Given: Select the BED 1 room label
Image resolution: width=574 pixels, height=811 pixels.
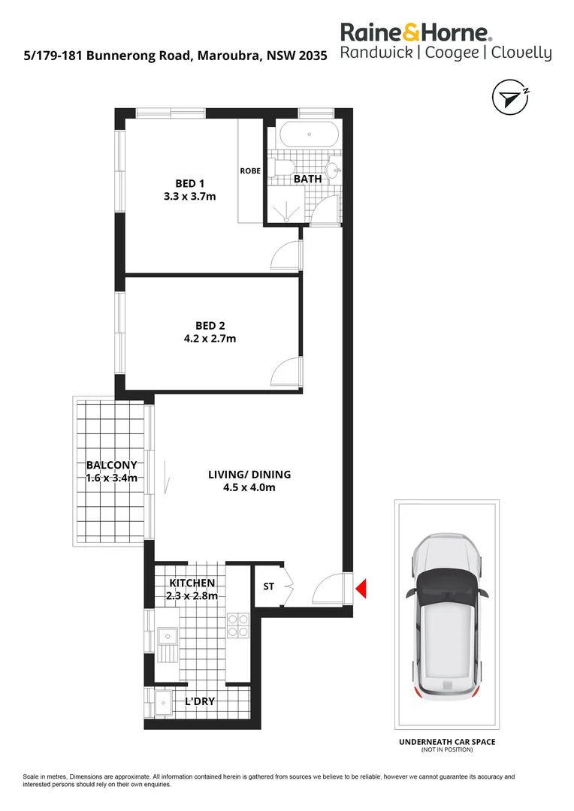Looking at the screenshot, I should point(189,183).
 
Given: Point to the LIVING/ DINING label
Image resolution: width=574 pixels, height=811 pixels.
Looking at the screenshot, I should point(249,475).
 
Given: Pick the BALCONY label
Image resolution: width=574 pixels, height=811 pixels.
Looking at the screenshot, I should point(111,466).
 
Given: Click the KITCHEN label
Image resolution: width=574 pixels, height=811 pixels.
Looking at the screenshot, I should point(192,583).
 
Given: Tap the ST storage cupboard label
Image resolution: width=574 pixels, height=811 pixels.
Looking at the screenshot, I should point(268,587).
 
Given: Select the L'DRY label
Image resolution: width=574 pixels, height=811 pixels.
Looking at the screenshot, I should point(200,701).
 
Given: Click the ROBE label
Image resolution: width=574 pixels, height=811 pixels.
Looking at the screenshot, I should point(250,171).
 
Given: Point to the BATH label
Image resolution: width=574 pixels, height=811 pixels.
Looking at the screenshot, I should point(307,179).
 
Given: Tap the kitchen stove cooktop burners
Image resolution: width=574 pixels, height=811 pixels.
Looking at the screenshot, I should point(238,626).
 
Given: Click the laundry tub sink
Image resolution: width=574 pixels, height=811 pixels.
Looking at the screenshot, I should point(164,705).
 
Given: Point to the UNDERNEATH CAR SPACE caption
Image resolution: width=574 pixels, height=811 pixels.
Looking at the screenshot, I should point(446,742).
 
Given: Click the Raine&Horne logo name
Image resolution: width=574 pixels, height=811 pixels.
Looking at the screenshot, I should point(416,32).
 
